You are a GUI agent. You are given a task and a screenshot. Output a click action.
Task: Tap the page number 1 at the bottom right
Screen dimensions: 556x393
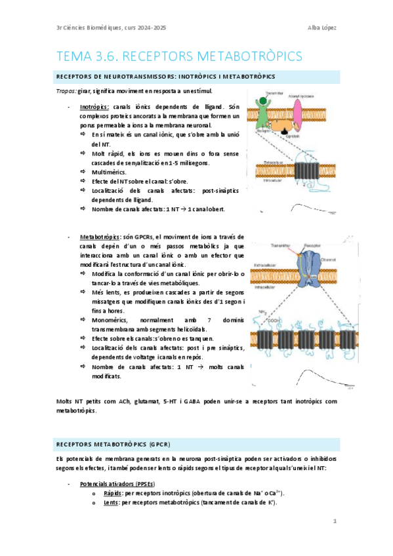[x=334, y=521]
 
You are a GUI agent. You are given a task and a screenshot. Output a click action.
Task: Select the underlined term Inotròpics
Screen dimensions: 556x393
[x=94, y=106]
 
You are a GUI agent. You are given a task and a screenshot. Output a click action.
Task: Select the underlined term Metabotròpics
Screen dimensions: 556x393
[x=98, y=236]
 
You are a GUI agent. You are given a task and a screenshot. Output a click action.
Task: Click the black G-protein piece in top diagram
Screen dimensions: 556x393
[x=284, y=132]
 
